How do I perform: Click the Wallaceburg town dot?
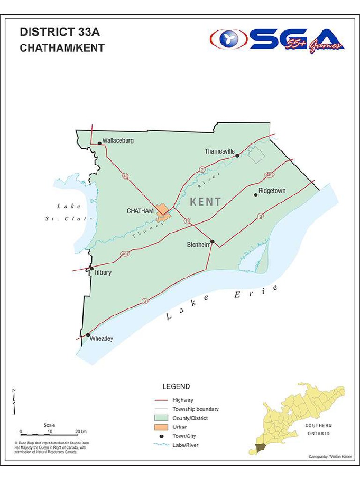99,143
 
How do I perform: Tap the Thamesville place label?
219,151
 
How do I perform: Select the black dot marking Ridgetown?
255,195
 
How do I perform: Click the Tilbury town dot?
92,269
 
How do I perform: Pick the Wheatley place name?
102,339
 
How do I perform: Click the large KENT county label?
206,202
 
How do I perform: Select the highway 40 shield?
125,176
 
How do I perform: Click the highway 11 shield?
187,221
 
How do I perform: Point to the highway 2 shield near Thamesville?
202,169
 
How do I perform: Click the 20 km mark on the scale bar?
77,431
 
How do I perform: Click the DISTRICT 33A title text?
60,32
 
